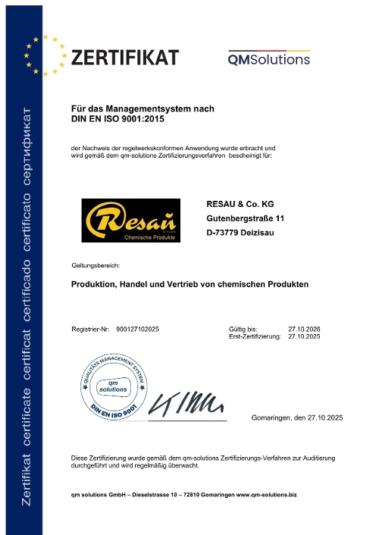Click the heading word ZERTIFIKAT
[x=125, y=58]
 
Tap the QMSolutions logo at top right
[x=269, y=58]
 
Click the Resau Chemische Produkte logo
[x=131, y=221]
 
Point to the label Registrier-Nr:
[x=91, y=328]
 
